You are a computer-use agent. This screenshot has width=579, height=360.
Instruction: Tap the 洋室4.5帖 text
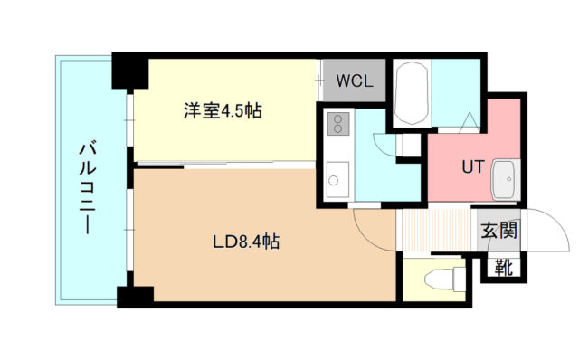[223, 112]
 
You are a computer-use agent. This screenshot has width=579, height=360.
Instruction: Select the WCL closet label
[355, 80]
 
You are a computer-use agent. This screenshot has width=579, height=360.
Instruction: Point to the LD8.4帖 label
[245, 242]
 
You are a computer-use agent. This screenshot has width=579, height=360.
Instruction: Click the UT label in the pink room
[471, 167]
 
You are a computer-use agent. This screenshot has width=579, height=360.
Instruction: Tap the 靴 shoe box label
[502, 268]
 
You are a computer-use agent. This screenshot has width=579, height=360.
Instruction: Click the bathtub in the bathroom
[413, 93]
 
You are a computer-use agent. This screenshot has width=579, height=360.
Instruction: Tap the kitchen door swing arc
[384, 145]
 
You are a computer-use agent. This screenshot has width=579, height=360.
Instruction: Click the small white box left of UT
[409, 145]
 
